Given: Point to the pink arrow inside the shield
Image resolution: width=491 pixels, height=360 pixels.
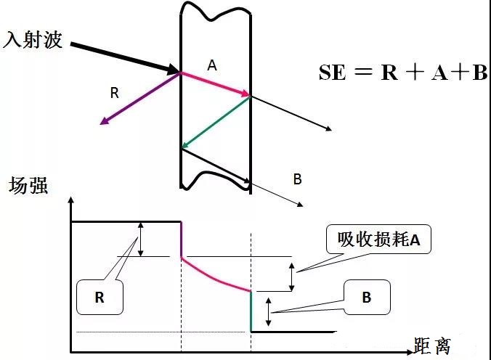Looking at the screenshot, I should [x=215, y=83].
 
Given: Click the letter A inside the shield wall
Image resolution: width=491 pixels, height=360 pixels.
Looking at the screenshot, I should [x=212, y=65].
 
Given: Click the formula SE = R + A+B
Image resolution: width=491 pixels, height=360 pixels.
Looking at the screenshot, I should [x=403, y=73].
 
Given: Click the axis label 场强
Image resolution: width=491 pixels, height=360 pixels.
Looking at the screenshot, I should [x=28, y=186].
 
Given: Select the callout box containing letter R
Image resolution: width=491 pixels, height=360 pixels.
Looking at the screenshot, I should [x=99, y=297].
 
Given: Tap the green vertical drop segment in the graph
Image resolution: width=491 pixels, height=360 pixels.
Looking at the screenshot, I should [x=251, y=311].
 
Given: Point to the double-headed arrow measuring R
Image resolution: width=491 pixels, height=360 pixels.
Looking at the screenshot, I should [x=142, y=238].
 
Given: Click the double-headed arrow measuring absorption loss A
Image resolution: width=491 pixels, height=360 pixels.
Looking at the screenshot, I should [x=292, y=277].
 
